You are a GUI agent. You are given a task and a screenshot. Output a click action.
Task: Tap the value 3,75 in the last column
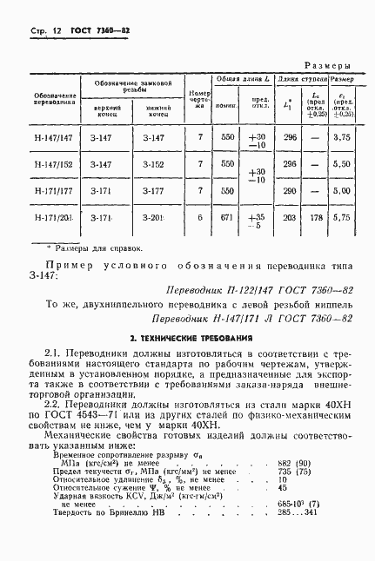click(342, 137)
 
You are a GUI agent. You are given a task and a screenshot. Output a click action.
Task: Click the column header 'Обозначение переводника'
click(49, 100)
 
